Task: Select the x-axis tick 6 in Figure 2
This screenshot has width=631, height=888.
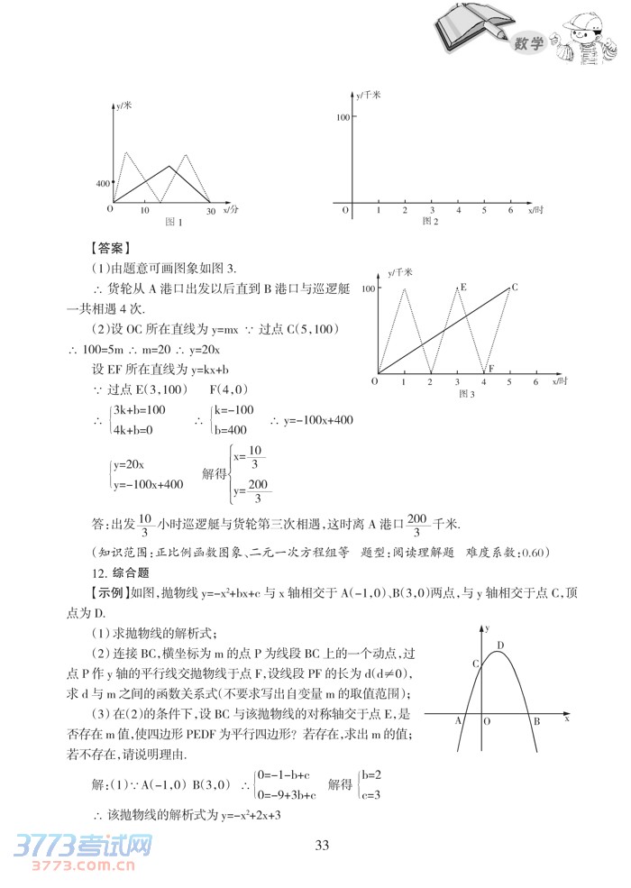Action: click(511, 210)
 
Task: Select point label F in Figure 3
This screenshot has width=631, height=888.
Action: click(491, 368)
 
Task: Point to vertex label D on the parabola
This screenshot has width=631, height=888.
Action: click(500, 644)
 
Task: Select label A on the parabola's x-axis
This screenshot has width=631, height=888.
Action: click(458, 721)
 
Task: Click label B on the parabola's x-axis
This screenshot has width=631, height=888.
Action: click(535, 721)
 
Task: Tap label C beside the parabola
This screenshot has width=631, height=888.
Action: click(475, 664)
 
